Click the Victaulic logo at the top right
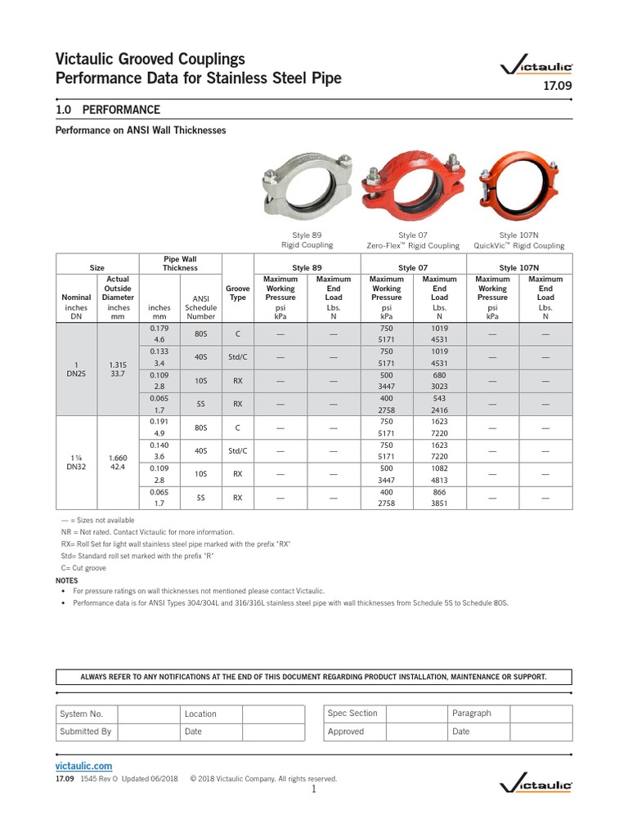[x=536, y=65]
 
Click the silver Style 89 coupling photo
[x=307, y=184]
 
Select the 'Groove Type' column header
[x=238, y=293]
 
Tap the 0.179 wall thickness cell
[x=159, y=329]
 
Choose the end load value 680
[x=439, y=375]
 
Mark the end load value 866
[x=439, y=492]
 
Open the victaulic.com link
[x=83, y=766]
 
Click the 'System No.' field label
[x=81, y=714]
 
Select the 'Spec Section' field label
[x=352, y=713]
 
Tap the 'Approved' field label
[x=346, y=732]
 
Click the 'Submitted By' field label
[x=85, y=732]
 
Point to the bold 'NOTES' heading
[x=67, y=580]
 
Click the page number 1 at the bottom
[x=313, y=790]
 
